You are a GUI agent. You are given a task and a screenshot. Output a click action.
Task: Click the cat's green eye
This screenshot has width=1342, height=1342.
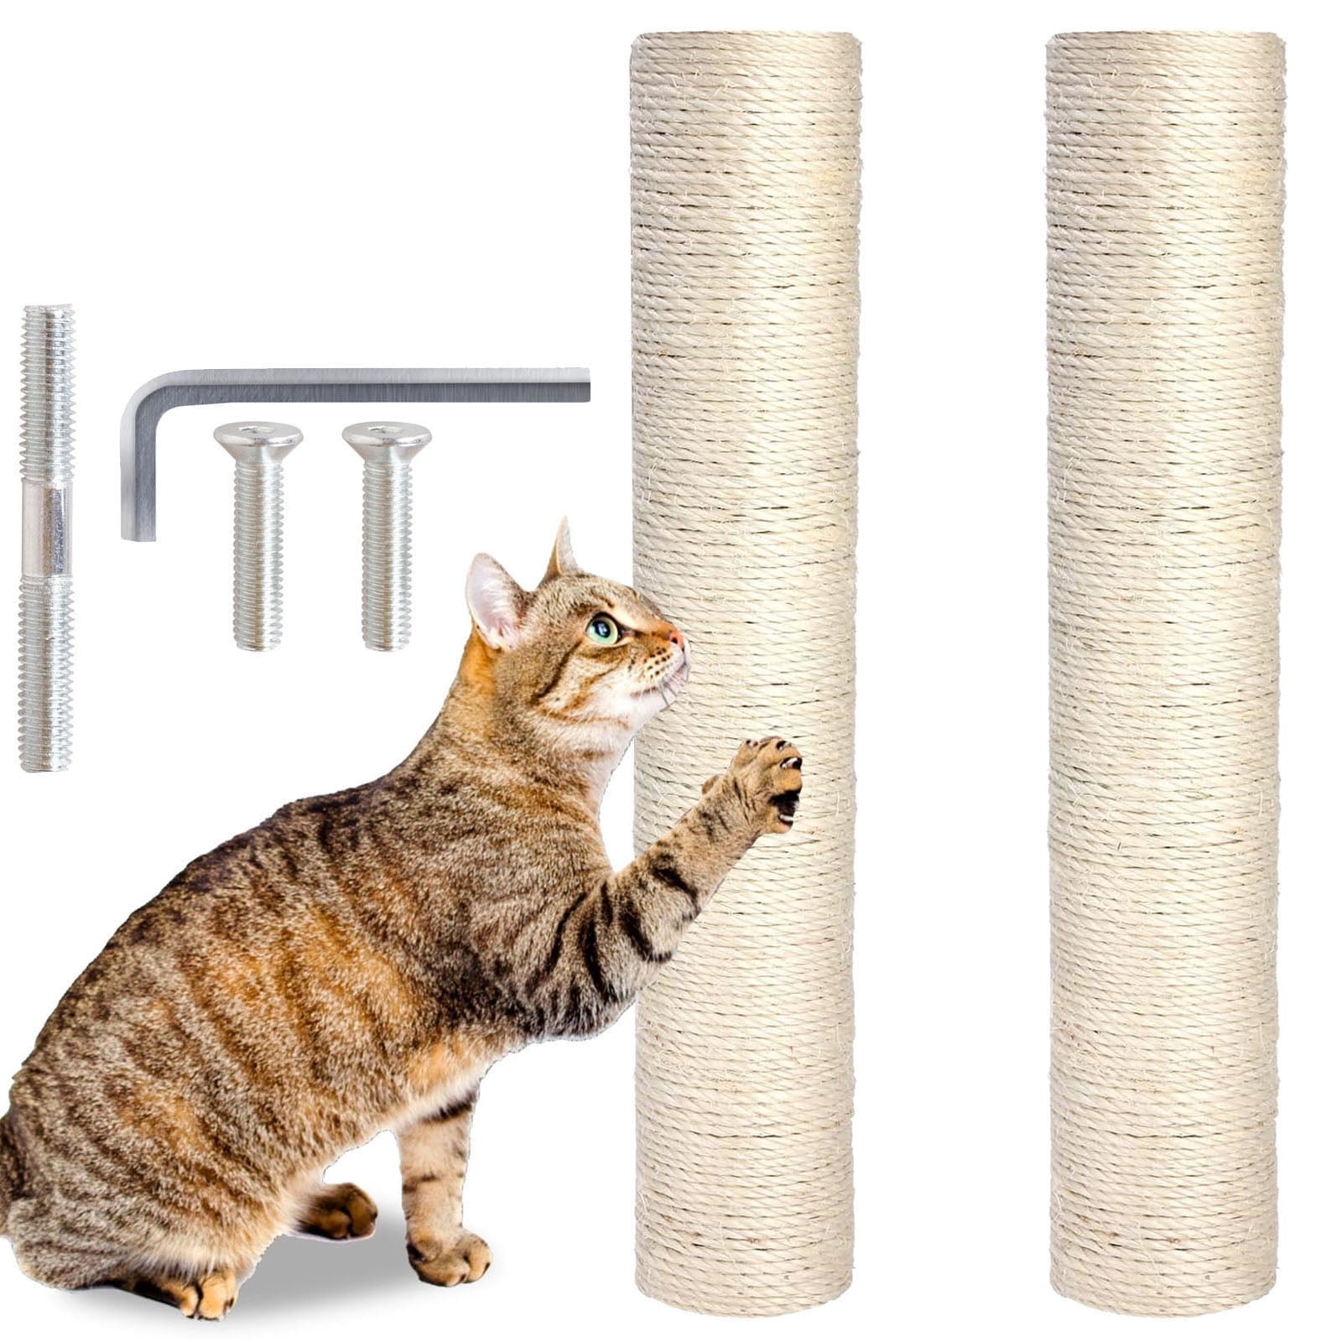click(x=602, y=628)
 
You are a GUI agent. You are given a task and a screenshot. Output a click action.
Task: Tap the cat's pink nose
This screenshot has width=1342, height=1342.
click(x=677, y=640)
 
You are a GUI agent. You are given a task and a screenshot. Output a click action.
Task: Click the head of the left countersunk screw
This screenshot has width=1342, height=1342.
click(x=257, y=437)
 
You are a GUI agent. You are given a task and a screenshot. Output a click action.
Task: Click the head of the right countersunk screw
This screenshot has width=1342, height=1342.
click(x=387, y=437)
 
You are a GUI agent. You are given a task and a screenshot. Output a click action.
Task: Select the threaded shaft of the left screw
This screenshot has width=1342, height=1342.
click(x=257, y=554)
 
